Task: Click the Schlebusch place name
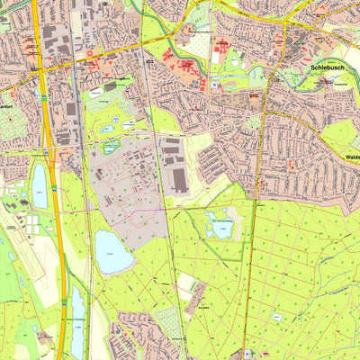point(327,67)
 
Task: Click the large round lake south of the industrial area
point(113,251)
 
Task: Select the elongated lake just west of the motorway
point(40,186)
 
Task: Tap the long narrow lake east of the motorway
point(78,310)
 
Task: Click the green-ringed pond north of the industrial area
point(111,146)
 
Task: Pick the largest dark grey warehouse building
point(179,179)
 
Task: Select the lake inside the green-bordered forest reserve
point(219,225)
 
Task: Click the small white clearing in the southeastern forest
point(277,318)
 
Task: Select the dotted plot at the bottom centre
point(167,318)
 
